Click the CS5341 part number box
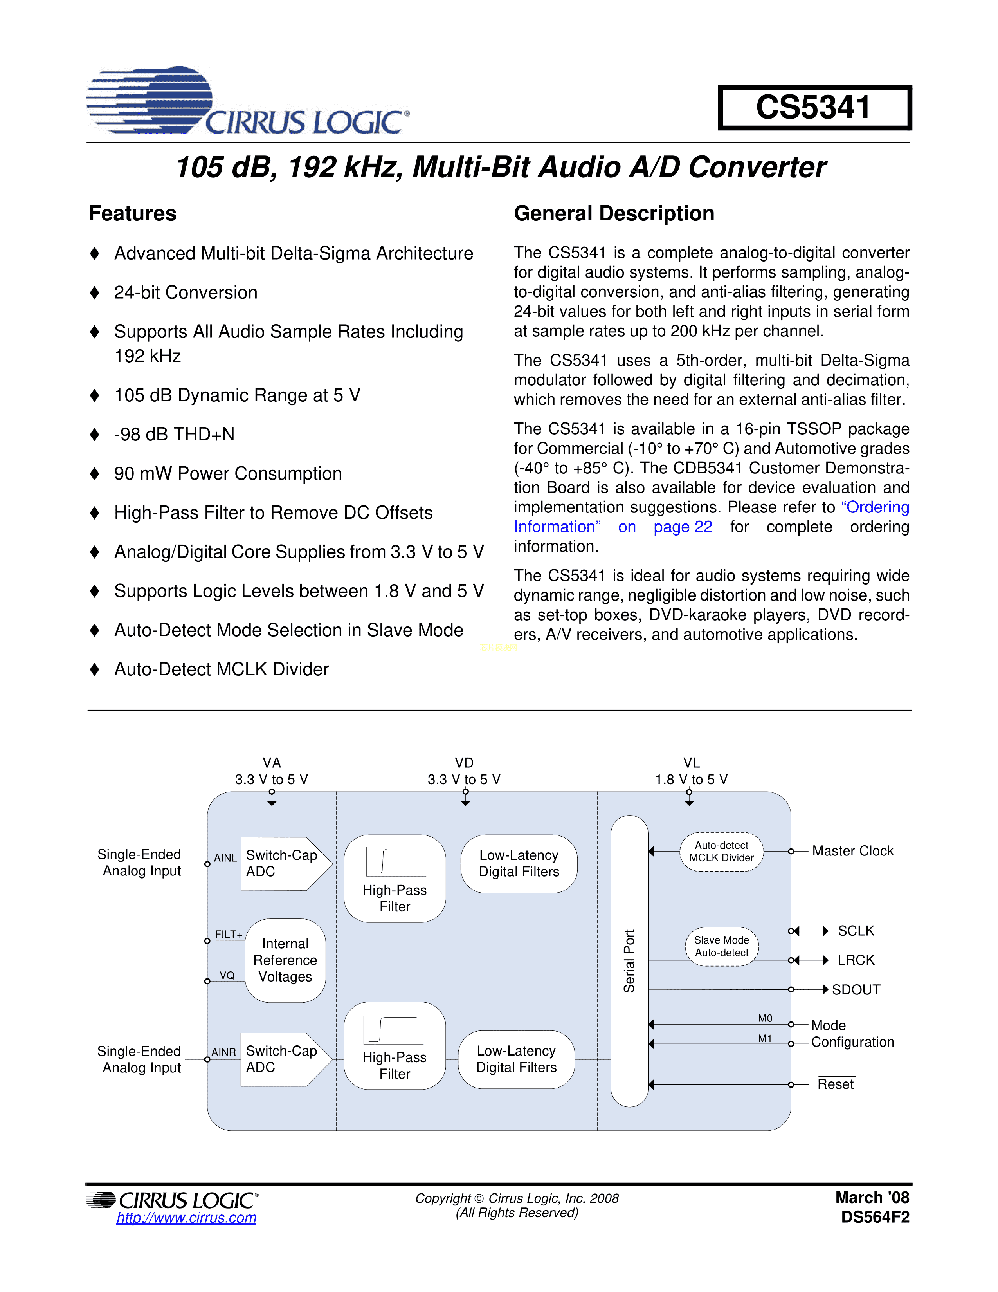814,108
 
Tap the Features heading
132,213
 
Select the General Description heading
614,213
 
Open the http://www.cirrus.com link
186,1218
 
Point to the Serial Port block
629,961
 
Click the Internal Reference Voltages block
285,960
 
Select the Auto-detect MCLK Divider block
721,852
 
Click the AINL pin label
225,858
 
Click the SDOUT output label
856,990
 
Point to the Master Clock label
852,851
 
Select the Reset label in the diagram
836,1084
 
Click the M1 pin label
765,1038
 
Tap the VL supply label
691,763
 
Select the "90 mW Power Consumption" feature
228,473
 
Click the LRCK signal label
856,960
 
